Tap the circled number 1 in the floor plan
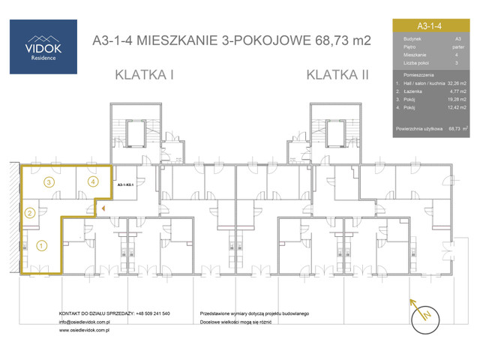[x=41, y=244]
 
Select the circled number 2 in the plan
[x=30, y=213]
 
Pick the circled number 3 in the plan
[x=48, y=181]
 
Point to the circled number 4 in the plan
[x=92, y=181]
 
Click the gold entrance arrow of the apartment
[x=103, y=209]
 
